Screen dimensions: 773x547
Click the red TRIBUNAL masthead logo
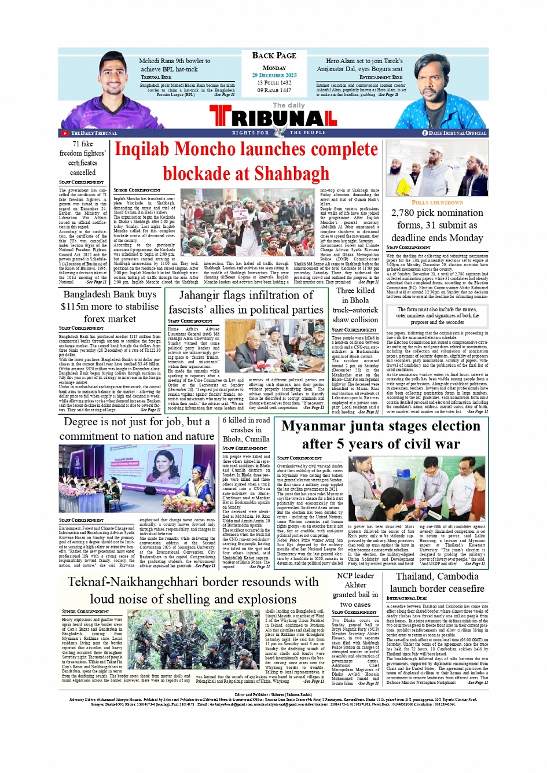coord(273,118)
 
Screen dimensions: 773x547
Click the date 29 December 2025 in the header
coord(274,75)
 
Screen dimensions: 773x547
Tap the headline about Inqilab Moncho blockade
coord(246,161)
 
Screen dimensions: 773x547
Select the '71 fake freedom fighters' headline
coord(83,158)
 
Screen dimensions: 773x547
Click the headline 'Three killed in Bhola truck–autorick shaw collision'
coord(355,305)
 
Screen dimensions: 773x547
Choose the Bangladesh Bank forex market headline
coord(110,307)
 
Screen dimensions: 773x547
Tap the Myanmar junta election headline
coord(380,435)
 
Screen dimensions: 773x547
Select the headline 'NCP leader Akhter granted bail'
coord(355,590)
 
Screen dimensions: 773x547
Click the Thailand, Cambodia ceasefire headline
coord(437,582)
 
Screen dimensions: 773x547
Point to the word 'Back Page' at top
coord(274,56)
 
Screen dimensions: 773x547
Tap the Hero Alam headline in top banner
coord(364,65)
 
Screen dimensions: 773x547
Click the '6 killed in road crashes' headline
coord(246,429)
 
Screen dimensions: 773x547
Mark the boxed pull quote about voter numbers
coord(437,316)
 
